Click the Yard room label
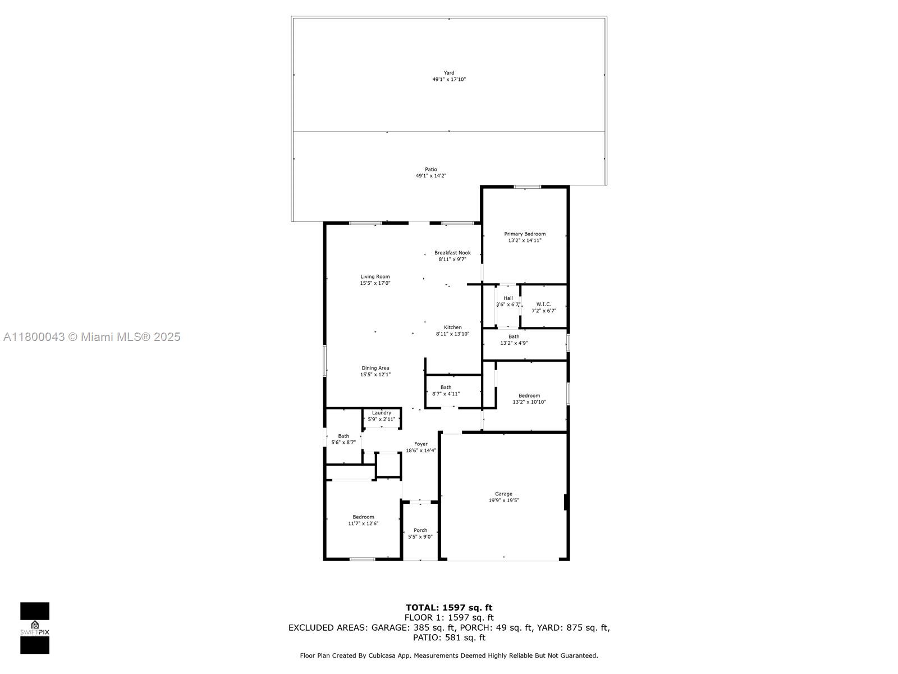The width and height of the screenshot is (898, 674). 449,73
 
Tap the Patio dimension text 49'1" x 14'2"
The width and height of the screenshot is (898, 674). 431,176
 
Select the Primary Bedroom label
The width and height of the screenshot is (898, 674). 524,234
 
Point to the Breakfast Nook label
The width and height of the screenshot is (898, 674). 452,253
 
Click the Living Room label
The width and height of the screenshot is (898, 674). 375,277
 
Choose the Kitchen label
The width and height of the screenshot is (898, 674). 452,327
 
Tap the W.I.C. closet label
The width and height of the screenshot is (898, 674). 544,304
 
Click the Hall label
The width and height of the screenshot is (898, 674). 508,298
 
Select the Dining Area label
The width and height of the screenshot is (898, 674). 375,368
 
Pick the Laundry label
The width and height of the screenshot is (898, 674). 381,413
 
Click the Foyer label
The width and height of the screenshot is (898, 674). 420,444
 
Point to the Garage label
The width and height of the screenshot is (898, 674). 503,494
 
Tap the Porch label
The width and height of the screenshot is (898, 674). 420,530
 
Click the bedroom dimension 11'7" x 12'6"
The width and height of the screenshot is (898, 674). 363,524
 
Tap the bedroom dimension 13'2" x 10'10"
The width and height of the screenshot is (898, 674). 529,402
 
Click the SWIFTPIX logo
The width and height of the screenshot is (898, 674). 35,628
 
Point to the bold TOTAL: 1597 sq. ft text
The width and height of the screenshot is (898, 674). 449,608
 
